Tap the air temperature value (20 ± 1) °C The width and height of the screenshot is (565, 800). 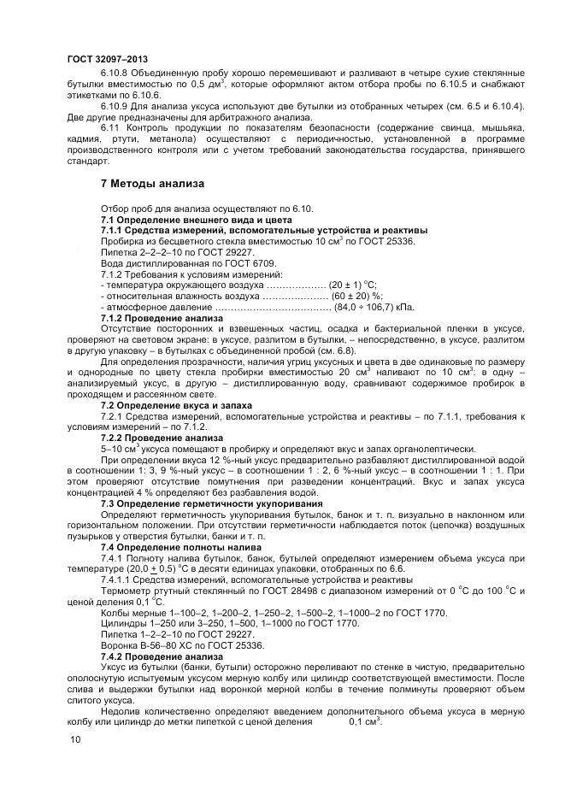354,285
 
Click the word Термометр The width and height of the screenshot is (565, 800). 125,590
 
